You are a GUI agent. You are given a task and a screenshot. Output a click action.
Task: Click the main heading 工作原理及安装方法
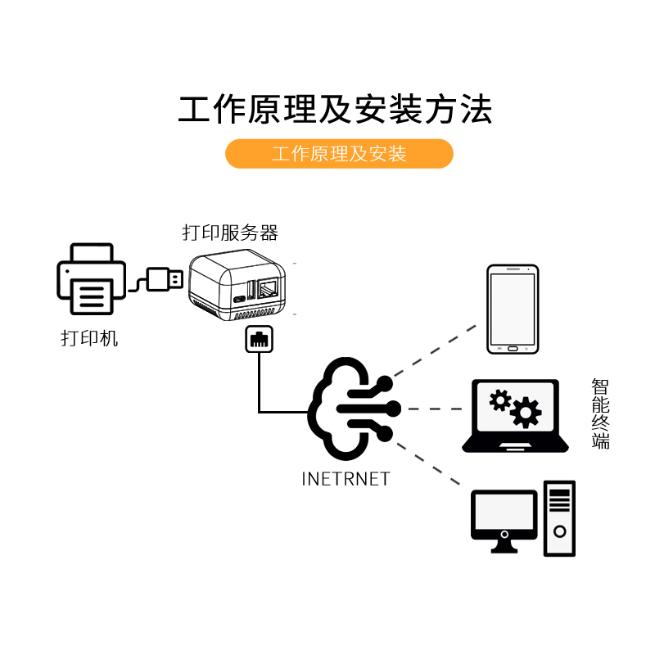point(335,109)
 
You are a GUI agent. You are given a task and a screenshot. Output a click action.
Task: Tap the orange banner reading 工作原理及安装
point(339,154)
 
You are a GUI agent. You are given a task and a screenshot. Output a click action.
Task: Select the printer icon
point(91,279)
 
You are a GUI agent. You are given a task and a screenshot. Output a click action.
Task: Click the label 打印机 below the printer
point(90,337)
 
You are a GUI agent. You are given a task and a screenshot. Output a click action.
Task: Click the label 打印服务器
point(230,233)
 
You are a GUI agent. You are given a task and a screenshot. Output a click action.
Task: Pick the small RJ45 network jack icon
point(259,339)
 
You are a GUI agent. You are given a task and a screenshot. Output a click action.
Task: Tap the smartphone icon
point(513,309)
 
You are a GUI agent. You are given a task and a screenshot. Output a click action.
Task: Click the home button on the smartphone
point(513,348)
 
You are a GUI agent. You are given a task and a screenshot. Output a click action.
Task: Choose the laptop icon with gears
point(515,417)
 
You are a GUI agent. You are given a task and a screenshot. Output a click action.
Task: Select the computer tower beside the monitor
point(560,519)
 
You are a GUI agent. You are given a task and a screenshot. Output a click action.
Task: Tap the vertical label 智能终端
point(601,413)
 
